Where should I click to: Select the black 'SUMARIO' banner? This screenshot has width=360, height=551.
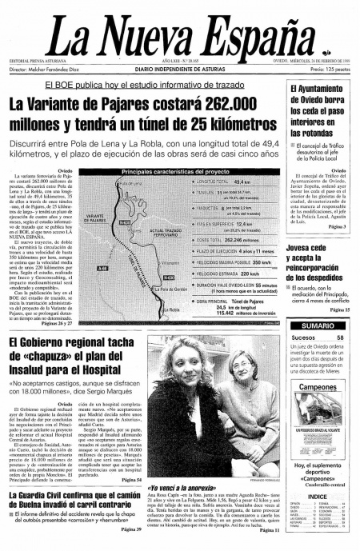318,325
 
